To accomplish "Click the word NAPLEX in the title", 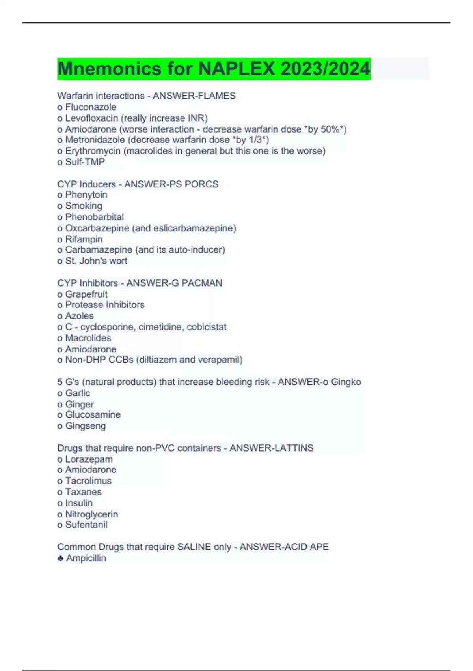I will [x=236, y=69].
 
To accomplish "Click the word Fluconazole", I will [x=91, y=107].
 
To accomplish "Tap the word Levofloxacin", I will [x=91, y=118].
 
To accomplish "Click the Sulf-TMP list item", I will [x=85, y=162].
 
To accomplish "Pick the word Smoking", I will [x=84, y=206].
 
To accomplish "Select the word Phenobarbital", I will [x=94, y=217].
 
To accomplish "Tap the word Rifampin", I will [x=84, y=239].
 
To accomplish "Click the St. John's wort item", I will [x=96, y=261].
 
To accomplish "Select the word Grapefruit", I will [x=86, y=294].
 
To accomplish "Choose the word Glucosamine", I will [x=93, y=414].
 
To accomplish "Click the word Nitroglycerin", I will [x=91, y=514].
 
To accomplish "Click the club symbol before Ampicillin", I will [x=60, y=558].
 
